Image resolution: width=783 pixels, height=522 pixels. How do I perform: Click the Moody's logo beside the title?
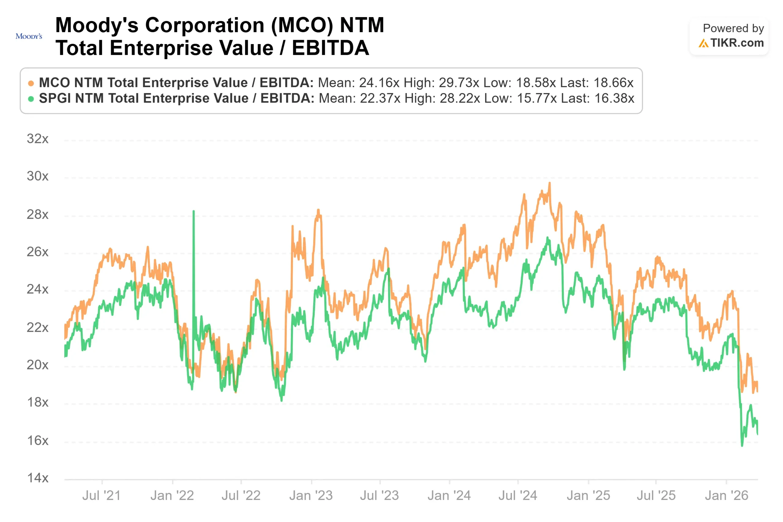[29, 36]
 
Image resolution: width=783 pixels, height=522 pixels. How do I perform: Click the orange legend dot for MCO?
[31, 83]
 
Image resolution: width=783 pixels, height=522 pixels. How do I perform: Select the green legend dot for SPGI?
[31, 99]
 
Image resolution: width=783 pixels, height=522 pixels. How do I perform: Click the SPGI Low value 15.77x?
[536, 98]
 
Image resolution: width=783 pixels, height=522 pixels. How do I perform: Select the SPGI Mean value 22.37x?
[380, 98]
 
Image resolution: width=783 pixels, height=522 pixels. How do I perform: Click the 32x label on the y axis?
[38, 139]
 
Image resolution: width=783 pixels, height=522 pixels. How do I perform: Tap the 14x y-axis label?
[38, 478]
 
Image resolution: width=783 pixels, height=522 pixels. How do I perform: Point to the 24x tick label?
[38, 289]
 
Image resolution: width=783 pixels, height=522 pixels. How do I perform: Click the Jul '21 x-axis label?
[102, 495]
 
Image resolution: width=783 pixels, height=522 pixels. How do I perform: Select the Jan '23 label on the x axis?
[311, 495]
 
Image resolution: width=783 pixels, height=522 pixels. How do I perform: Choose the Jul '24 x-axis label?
[518, 495]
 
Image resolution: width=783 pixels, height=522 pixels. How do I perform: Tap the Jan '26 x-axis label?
[726, 495]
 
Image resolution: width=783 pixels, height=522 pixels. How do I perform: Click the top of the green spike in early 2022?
[194, 211]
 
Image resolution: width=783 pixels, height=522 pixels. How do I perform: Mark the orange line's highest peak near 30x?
[549, 183]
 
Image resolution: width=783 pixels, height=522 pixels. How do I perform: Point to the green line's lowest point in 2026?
[742, 445]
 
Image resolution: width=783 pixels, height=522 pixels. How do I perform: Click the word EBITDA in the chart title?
[330, 48]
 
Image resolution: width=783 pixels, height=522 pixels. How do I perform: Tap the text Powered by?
[733, 28]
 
